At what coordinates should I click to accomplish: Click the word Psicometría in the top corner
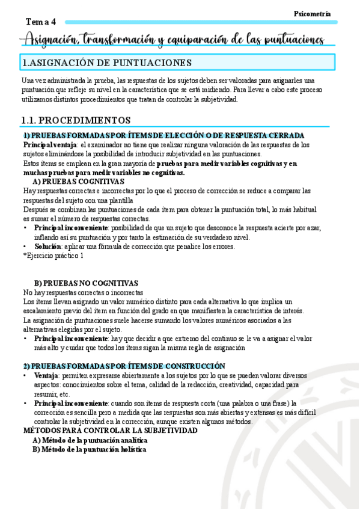coord(312,13)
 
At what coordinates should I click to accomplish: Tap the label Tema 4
coord(40,22)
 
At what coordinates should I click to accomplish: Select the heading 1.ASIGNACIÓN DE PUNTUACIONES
coord(107,63)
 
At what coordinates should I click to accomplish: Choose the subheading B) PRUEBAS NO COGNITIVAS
coord(86,283)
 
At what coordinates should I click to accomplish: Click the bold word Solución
coord(47,247)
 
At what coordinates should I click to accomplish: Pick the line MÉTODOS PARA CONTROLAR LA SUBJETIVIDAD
coord(110,431)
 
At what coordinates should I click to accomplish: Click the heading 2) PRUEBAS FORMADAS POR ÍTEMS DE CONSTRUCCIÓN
coord(124,366)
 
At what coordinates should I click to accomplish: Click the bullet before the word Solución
coord(25,247)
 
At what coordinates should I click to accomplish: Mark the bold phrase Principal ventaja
coord(50,145)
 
